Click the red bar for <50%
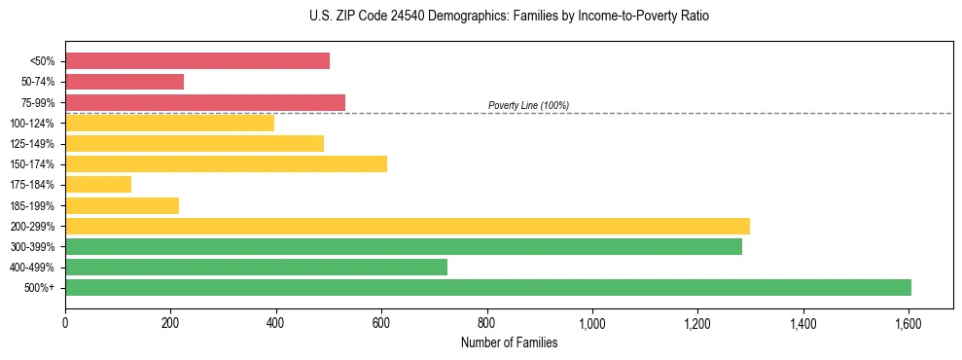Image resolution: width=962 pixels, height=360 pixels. (x=197, y=61)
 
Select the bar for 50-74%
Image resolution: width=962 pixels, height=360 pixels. (x=125, y=82)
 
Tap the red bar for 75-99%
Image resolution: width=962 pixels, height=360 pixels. (x=205, y=102)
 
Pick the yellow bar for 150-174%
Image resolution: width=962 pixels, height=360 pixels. (x=226, y=163)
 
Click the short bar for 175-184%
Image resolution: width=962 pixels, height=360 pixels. (x=98, y=184)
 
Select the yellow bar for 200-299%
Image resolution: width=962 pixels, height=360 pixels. (x=408, y=226)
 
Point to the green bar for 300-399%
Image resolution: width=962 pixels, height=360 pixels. (x=404, y=246)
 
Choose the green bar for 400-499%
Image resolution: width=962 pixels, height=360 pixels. (x=256, y=267)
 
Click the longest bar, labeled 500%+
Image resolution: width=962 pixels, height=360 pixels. (x=488, y=287)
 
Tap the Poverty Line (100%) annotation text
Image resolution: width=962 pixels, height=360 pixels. (x=528, y=105)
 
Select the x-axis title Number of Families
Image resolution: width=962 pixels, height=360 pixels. (x=510, y=342)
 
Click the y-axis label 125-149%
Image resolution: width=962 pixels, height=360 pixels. (x=32, y=144)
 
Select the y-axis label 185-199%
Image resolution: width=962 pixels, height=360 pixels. (x=32, y=205)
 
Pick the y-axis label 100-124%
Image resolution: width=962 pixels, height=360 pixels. (x=32, y=124)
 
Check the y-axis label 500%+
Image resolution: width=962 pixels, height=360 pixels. (x=40, y=288)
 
